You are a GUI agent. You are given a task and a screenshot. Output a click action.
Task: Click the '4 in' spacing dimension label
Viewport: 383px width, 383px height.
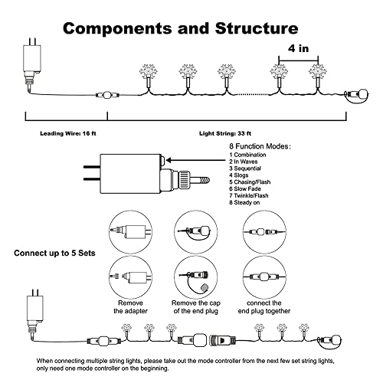[x=298, y=48]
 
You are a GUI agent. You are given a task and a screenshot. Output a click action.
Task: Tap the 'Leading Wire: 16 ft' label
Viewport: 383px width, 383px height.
[x=68, y=133]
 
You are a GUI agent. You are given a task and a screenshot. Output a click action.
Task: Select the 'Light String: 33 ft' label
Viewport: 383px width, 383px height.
[x=225, y=133]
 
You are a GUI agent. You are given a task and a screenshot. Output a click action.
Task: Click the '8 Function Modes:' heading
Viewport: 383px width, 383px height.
[x=260, y=146]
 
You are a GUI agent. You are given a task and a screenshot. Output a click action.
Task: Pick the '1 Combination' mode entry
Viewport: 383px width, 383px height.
[x=247, y=155]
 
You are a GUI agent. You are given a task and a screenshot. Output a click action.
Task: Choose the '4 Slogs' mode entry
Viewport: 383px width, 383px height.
[x=238, y=175]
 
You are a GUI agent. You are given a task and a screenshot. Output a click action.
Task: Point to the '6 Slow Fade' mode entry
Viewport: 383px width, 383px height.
[x=245, y=189]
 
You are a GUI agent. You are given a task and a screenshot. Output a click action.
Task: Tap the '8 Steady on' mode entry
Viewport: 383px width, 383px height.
[x=244, y=202]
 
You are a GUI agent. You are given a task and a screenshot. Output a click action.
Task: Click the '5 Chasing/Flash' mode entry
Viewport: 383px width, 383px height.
[x=250, y=182]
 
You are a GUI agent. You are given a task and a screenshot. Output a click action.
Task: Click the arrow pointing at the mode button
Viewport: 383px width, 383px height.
[x=197, y=161]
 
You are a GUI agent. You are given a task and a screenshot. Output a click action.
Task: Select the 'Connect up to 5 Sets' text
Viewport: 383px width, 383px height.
[x=54, y=253]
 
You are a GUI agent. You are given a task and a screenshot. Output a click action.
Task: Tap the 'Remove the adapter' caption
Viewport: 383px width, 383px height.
[x=130, y=307]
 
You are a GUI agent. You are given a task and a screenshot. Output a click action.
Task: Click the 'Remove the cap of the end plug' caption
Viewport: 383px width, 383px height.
[x=196, y=307]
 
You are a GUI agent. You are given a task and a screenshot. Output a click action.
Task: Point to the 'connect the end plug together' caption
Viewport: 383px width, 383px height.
[x=264, y=307]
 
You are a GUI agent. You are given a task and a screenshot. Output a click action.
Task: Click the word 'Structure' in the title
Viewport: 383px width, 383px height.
[x=257, y=28]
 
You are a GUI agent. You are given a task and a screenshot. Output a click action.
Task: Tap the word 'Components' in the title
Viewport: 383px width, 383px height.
[x=117, y=28]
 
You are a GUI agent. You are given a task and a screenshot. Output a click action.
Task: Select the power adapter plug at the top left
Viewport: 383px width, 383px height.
[x=32, y=63]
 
